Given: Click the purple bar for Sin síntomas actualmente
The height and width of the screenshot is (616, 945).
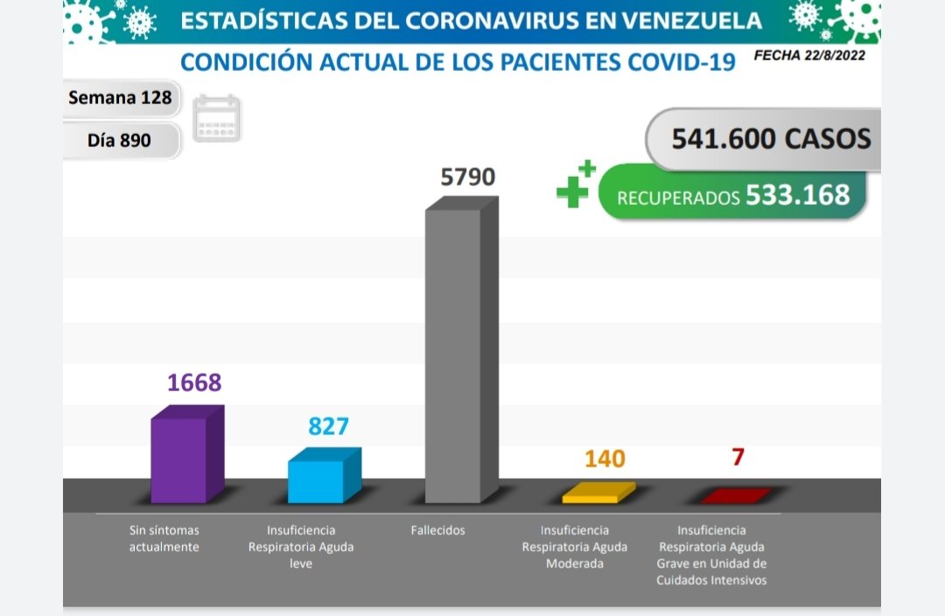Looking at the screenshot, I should click(x=179, y=459).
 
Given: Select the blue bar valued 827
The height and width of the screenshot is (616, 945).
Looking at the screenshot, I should click(x=317, y=480).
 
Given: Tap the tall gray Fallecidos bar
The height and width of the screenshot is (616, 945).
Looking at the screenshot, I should click(x=454, y=354).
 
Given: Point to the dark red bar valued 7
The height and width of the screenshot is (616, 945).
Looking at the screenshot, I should click(x=736, y=496).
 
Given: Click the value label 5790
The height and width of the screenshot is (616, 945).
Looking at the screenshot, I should click(x=467, y=178).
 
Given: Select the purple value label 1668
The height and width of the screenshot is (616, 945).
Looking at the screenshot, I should click(x=194, y=383).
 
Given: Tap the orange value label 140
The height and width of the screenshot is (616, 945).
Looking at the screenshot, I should click(x=604, y=458).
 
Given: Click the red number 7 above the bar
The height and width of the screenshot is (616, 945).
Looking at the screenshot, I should click(x=738, y=457).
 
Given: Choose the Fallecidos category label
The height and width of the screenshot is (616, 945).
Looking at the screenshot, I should click(x=437, y=530).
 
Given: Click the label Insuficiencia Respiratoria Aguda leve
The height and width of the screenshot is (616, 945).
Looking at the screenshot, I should click(x=300, y=547).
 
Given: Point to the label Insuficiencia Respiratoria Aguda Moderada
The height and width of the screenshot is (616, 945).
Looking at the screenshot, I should click(x=574, y=547).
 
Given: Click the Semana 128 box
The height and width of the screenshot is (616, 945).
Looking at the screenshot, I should click(x=121, y=97).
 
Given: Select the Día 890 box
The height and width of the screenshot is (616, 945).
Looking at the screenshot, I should click(x=121, y=140).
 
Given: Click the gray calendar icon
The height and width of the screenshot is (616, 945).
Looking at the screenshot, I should click(x=217, y=118).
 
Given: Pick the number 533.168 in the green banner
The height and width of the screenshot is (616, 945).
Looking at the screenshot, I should click(x=797, y=194).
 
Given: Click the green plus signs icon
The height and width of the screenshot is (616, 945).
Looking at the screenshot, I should click(x=575, y=185).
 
